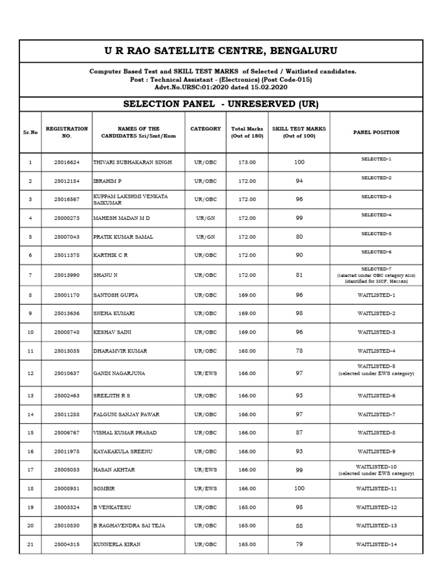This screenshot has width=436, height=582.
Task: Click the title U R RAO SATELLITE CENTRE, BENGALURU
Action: [221, 51]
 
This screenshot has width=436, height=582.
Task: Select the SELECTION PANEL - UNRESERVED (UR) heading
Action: [221, 104]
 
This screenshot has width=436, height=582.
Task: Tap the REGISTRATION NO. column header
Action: [66, 132]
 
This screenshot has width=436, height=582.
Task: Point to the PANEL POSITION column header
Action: [376, 132]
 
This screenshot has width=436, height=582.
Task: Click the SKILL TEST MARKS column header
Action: [299, 132]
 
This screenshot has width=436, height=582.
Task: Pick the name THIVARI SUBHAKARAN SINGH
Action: [132, 163]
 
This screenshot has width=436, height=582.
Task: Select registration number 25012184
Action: [66, 181]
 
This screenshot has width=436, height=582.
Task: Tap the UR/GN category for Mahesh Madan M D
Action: [206, 218]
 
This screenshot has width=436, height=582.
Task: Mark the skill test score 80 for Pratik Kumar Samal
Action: [299, 237]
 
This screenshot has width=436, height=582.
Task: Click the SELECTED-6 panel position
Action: [376, 252]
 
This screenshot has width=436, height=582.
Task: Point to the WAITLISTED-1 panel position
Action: [376, 296]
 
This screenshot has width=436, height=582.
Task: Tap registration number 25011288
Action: [66, 414]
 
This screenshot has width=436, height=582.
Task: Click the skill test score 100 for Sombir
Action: [299, 489]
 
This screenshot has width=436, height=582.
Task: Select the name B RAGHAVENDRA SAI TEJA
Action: [129, 526]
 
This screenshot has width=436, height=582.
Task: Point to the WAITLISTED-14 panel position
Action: [376, 544]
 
